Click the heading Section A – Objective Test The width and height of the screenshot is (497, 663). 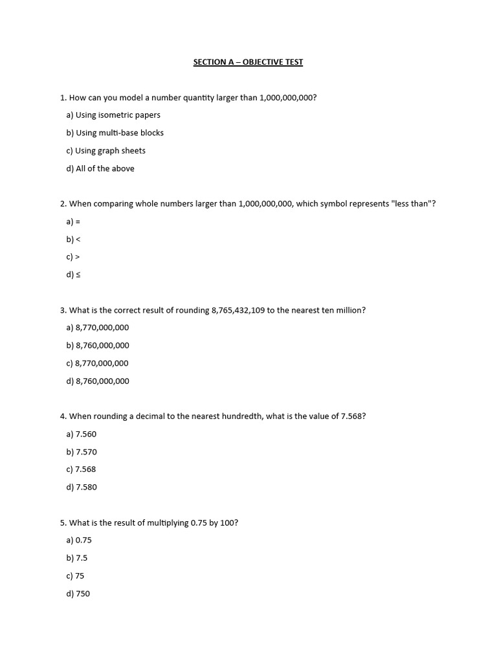(248, 62)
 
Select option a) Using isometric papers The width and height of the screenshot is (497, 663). (113, 115)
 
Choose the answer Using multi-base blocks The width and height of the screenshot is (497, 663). (115, 133)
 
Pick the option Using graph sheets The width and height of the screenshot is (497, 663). (106, 151)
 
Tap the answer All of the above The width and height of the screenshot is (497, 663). (100, 168)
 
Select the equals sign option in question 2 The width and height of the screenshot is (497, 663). (78, 221)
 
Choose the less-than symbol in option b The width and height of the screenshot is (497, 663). (78, 240)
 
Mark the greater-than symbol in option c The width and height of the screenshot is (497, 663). (77, 257)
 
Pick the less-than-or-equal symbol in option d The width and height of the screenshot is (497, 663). (78, 275)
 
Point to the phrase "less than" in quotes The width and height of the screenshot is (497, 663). (410, 204)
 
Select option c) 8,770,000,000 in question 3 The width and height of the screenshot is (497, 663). (98, 363)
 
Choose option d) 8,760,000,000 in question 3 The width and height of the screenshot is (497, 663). (98, 381)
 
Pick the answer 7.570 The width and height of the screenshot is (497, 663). (82, 452)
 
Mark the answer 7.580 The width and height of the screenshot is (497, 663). (82, 488)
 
